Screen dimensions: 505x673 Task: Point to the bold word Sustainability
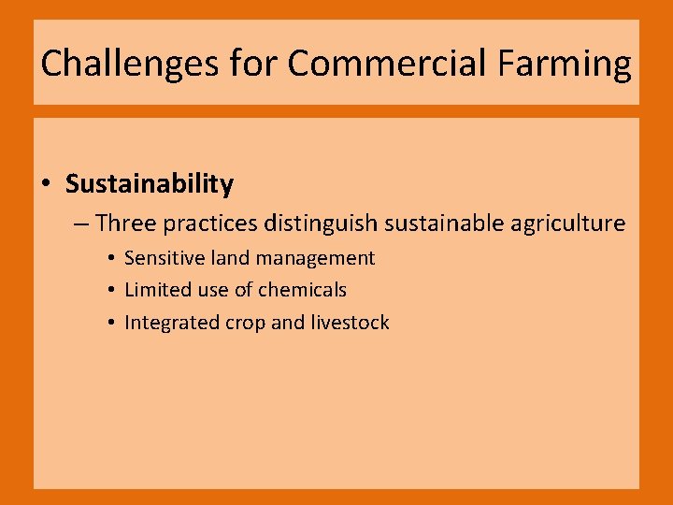[x=150, y=184]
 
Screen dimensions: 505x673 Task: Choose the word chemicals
[x=302, y=290]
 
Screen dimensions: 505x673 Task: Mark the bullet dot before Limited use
[x=110, y=291]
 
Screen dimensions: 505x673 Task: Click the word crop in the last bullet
[x=245, y=324]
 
